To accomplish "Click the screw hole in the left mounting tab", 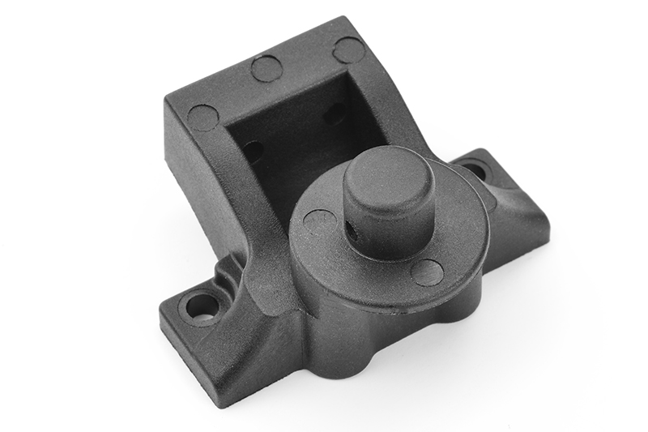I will (x=200, y=306).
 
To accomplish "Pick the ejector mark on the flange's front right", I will (x=427, y=272).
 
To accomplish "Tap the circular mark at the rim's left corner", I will (x=202, y=118).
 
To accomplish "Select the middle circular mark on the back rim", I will (x=266, y=68).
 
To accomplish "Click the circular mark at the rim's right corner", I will (x=348, y=50).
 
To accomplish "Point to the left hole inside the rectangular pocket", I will (x=253, y=151).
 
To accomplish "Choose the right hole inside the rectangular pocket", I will (x=335, y=113).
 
